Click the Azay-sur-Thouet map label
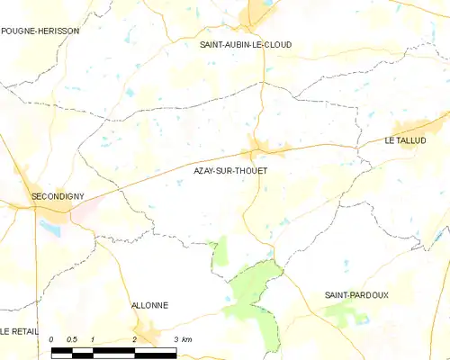tap(230, 169)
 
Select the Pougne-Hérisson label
tap(40, 31)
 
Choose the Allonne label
tap(149, 305)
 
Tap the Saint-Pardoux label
tap(357, 294)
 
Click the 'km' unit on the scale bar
tap(186, 339)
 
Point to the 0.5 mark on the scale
tap(73, 339)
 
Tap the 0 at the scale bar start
tap(52, 339)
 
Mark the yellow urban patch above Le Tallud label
tap(412, 128)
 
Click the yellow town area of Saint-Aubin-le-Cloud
tap(258, 13)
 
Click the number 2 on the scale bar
tap(134, 339)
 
